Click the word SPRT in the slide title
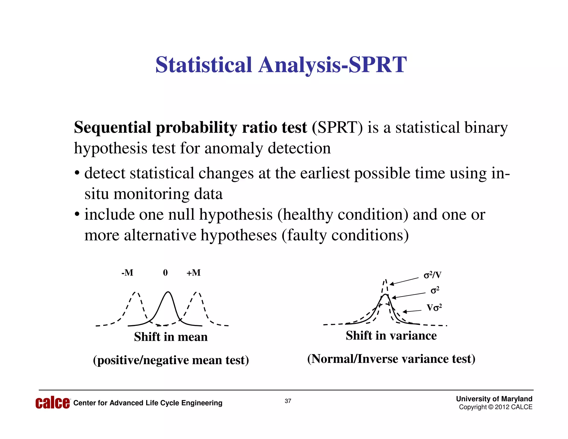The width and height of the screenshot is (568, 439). pyautogui.click(x=377, y=65)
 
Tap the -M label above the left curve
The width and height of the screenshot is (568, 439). pyautogui.click(x=127, y=273)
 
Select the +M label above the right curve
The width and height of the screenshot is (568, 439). pyautogui.click(x=193, y=273)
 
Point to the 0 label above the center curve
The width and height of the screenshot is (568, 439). pyautogui.click(x=165, y=273)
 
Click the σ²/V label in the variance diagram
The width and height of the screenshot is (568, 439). pyautogui.click(x=432, y=275)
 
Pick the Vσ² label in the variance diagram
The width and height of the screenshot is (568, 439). pyautogui.click(x=434, y=308)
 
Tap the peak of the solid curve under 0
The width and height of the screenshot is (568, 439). pyautogui.click(x=168, y=292)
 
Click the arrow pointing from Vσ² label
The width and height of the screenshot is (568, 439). pyautogui.click(x=412, y=311)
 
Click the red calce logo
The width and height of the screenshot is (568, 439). pyautogui.click(x=52, y=403)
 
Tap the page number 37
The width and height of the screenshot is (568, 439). pyautogui.click(x=288, y=401)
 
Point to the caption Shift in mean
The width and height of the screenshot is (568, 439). pyautogui.click(x=171, y=337)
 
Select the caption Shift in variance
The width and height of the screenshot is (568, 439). pyautogui.click(x=391, y=335)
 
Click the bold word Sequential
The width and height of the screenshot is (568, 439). pyautogui.click(x=112, y=128)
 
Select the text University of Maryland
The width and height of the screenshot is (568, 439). pyautogui.click(x=494, y=399)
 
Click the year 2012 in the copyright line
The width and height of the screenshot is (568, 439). pyautogui.click(x=502, y=407)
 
